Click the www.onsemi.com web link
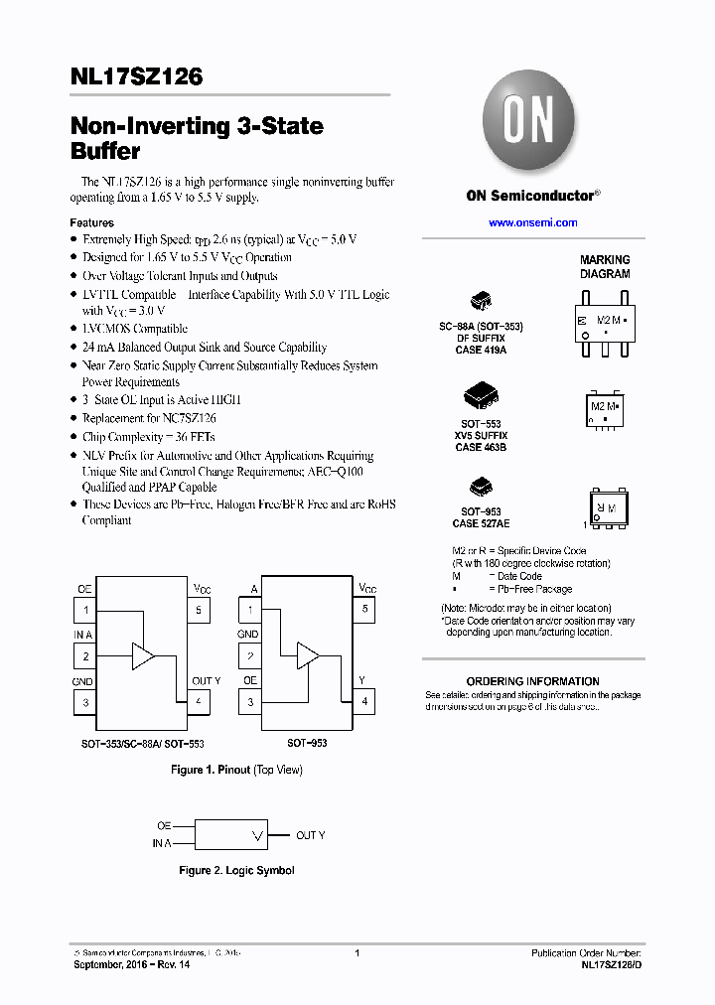click(x=532, y=222)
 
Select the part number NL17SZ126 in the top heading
click(x=136, y=76)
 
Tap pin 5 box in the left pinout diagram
click(x=199, y=610)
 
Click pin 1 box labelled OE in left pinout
click(x=85, y=610)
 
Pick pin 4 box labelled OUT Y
click(x=199, y=702)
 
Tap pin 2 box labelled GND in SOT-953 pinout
click(x=250, y=656)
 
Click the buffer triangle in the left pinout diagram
click(x=143, y=655)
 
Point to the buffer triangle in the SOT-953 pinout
click(x=307, y=655)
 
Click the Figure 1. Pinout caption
click(x=236, y=770)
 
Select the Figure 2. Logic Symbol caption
click(x=236, y=870)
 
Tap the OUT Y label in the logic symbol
click(x=310, y=835)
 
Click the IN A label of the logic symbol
click(x=161, y=844)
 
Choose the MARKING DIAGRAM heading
click(x=605, y=266)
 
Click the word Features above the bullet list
click(x=91, y=222)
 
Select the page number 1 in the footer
click(x=357, y=953)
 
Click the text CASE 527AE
click(x=481, y=523)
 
